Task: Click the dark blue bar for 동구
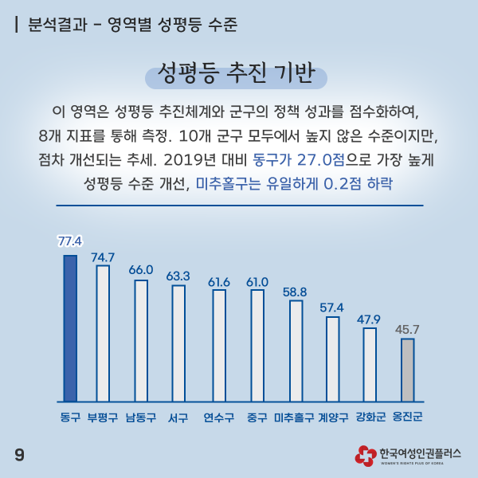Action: click(70, 328)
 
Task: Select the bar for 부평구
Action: click(103, 333)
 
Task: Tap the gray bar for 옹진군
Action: click(407, 370)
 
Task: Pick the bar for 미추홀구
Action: click(296, 351)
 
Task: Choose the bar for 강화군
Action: click(370, 364)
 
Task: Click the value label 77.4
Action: click(70, 239)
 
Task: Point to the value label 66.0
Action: click(141, 269)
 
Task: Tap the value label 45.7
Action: click(407, 328)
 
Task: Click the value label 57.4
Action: click(332, 307)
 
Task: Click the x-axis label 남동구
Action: click(141, 417)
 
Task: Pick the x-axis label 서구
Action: click(178, 417)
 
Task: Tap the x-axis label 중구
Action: click(257, 417)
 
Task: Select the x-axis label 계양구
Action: click(333, 417)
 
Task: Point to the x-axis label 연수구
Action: click(219, 417)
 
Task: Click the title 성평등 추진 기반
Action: click(237, 72)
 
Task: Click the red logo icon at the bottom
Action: click(366, 455)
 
